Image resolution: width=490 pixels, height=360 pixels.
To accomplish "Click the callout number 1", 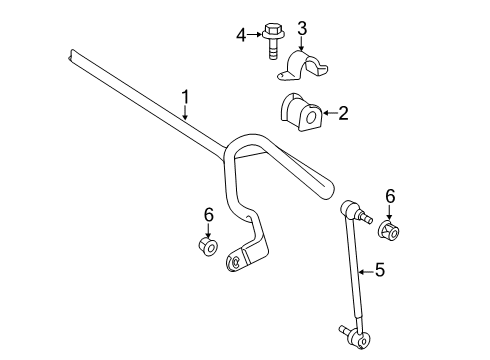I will click(x=185, y=96).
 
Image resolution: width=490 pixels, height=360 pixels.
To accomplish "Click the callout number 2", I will click(x=342, y=114).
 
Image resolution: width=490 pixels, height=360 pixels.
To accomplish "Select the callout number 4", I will click(x=240, y=37).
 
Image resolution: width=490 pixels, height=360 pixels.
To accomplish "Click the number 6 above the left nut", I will click(x=209, y=214).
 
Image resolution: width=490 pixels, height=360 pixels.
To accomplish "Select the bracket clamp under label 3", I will click(x=304, y=64).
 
